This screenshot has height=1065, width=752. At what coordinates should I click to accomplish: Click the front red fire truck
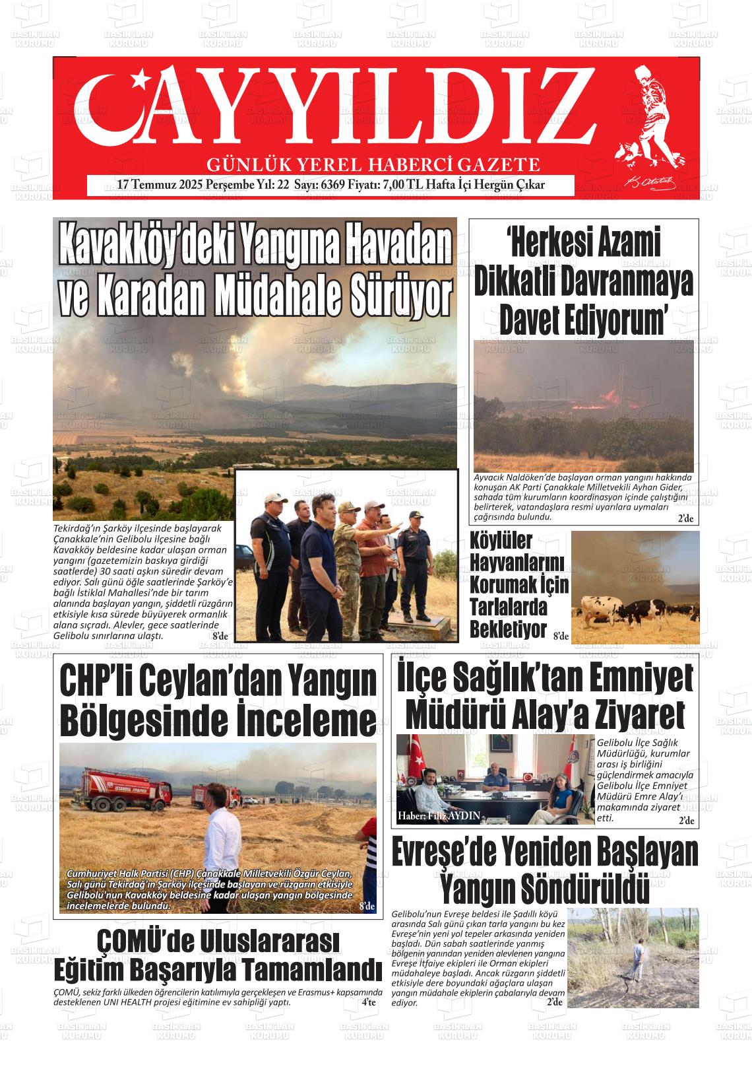coord(125,789)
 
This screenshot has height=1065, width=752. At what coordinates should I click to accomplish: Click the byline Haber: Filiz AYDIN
coord(439,816)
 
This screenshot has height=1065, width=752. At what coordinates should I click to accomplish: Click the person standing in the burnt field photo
coord(638,957)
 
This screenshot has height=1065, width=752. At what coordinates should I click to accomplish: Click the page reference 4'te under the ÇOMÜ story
coord(368,1002)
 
